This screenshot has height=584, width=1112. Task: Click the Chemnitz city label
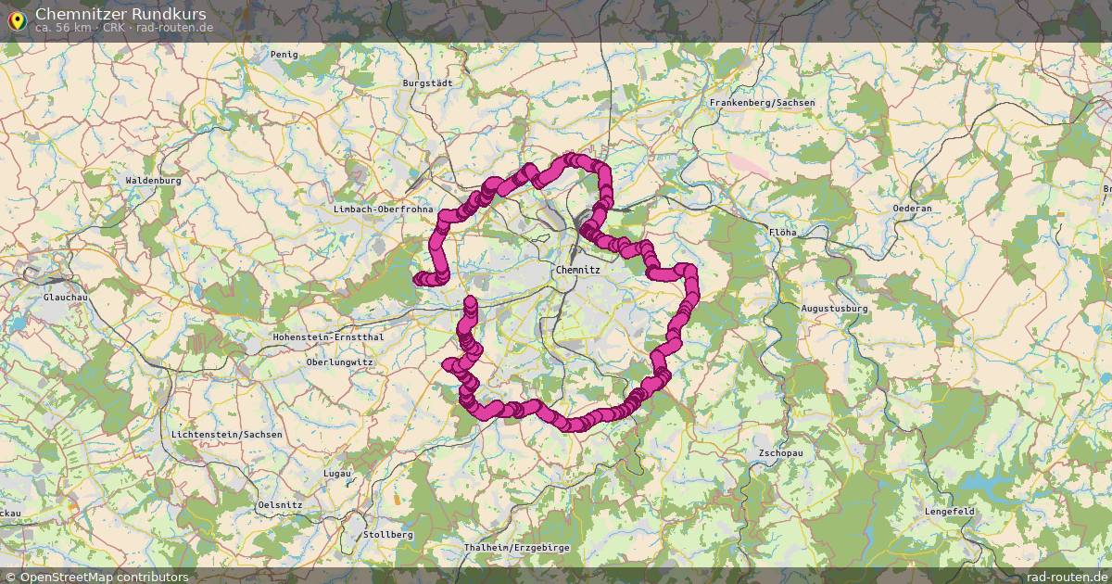pyautogui.click(x=577, y=270)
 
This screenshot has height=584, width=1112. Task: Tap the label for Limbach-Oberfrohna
pyautogui.click(x=383, y=209)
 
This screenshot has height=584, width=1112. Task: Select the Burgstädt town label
pyautogui.click(x=427, y=83)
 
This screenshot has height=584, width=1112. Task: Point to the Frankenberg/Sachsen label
pyautogui.click(x=762, y=102)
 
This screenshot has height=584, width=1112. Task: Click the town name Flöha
pyautogui.click(x=782, y=232)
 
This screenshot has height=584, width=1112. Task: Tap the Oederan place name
pyautogui.click(x=912, y=209)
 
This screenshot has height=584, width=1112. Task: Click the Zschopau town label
pyautogui.click(x=780, y=453)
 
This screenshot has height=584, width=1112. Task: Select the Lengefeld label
pyautogui.click(x=949, y=511)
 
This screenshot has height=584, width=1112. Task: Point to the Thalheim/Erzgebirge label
pyautogui.click(x=516, y=548)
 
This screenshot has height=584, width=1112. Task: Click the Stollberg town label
pyautogui.click(x=388, y=535)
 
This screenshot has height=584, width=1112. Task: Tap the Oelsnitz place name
pyautogui.click(x=280, y=503)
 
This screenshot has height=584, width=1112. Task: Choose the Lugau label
pyautogui.click(x=336, y=473)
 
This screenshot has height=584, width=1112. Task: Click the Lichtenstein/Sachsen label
pyautogui.click(x=227, y=434)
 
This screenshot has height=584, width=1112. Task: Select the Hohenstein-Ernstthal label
pyautogui.click(x=328, y=337)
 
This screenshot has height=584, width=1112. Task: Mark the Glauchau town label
pyautogui.click(x=65, y=298)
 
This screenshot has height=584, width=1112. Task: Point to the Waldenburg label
pyautogui.click(x=153, y=180)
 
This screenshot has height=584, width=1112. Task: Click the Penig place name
pyautogui.click(x=284, y=55)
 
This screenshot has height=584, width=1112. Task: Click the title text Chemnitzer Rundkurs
pyautogui.click(x=120, y=14)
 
